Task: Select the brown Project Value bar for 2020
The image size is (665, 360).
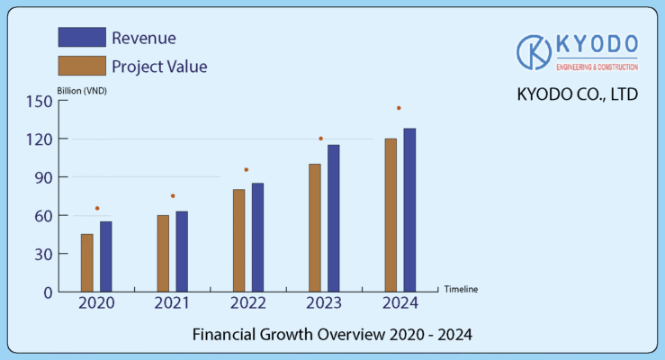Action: pyautogui.click(x=87, y=263)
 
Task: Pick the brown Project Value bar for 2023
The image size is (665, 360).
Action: pyautogui.click(x=315, y=228)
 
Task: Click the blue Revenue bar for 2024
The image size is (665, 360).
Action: pyautogui.click(x=409, y=210)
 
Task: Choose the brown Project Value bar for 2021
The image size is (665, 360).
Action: pyautogui.click(x=163, y=253)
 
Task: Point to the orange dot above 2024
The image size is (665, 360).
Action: pyautogui.click(x=399, y=108)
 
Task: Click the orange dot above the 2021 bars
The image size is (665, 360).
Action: pyautogui.click(x=173, y=196)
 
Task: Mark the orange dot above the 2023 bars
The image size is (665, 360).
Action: pyautogui.click(x=320, y=139)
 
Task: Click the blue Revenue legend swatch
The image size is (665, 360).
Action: pyautogui.click(x=81, y=37)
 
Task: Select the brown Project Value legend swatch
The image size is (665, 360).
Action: pyautogui.click(x=81, y=66)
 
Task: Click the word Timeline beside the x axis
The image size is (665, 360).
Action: pyautogui.click(x=461, y=289)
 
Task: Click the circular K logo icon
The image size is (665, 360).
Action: pyautogui.click(x=535, y=52)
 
